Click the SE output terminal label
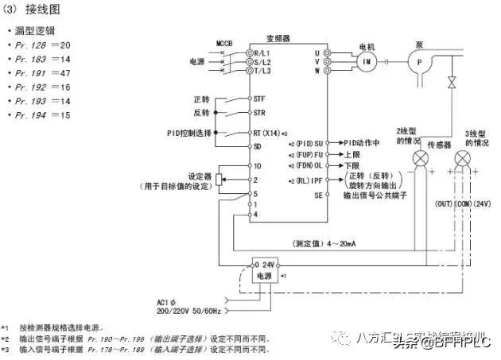tap(318, 194)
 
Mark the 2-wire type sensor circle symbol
tap(419, 160)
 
